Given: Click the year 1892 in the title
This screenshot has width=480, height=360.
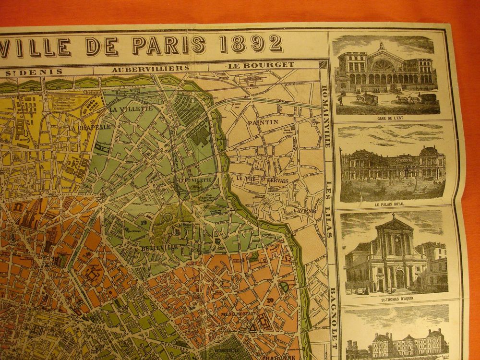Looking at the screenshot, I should (x=251, y=44).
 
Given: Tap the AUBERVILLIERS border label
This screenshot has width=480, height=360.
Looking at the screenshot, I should (x=150, y=69).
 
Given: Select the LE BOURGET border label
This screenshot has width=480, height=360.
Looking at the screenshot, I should (x=254, y=64).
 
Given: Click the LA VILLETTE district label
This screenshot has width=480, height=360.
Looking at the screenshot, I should (x=131, y=108).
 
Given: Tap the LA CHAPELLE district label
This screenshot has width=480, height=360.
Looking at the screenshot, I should (x=90, y=128).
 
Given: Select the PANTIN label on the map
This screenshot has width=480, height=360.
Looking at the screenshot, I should (x=263, y=122).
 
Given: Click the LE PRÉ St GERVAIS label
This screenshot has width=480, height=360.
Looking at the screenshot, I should (x=262, y=180).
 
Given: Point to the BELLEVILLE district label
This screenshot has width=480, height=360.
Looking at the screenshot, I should (x=160, y=248).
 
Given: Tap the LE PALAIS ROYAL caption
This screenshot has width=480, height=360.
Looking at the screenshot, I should (x=393, y=204).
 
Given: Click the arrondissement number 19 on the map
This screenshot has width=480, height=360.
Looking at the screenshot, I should (x=143, y=222).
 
